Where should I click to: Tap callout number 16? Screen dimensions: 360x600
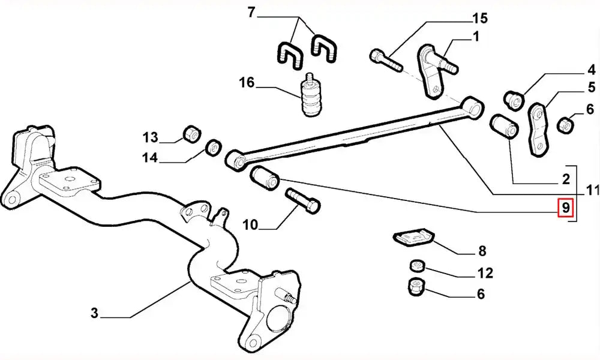coord(247,83)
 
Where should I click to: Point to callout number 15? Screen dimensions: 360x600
coord(480,18)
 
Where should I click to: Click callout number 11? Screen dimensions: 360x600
coord(593,191)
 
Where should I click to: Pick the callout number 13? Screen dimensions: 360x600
coord(150,137)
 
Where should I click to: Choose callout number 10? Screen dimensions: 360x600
coord(250,226)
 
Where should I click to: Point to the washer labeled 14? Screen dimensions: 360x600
coord(214,146)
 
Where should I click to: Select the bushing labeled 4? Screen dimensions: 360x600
coord(514,98)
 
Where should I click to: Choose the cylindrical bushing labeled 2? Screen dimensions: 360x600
coord(503,126)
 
